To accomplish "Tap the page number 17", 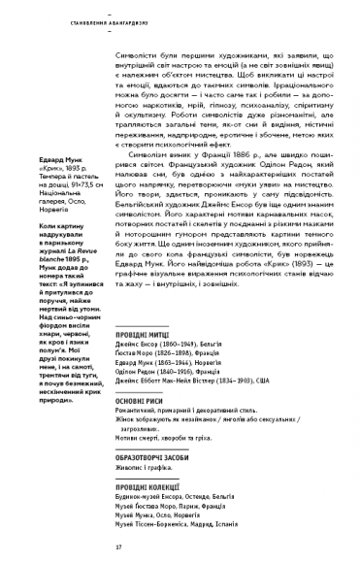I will pyautogui.click(x=116, y=547).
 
